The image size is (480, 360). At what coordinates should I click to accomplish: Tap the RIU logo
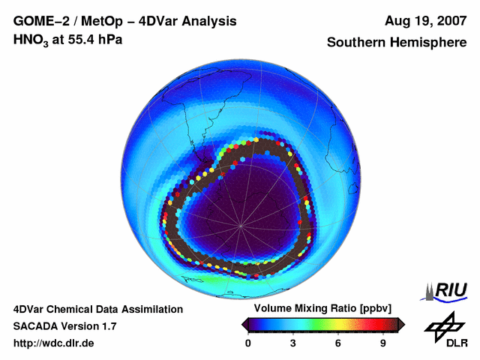(448, 290)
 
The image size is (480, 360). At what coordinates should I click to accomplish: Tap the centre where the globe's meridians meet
(241, 226)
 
